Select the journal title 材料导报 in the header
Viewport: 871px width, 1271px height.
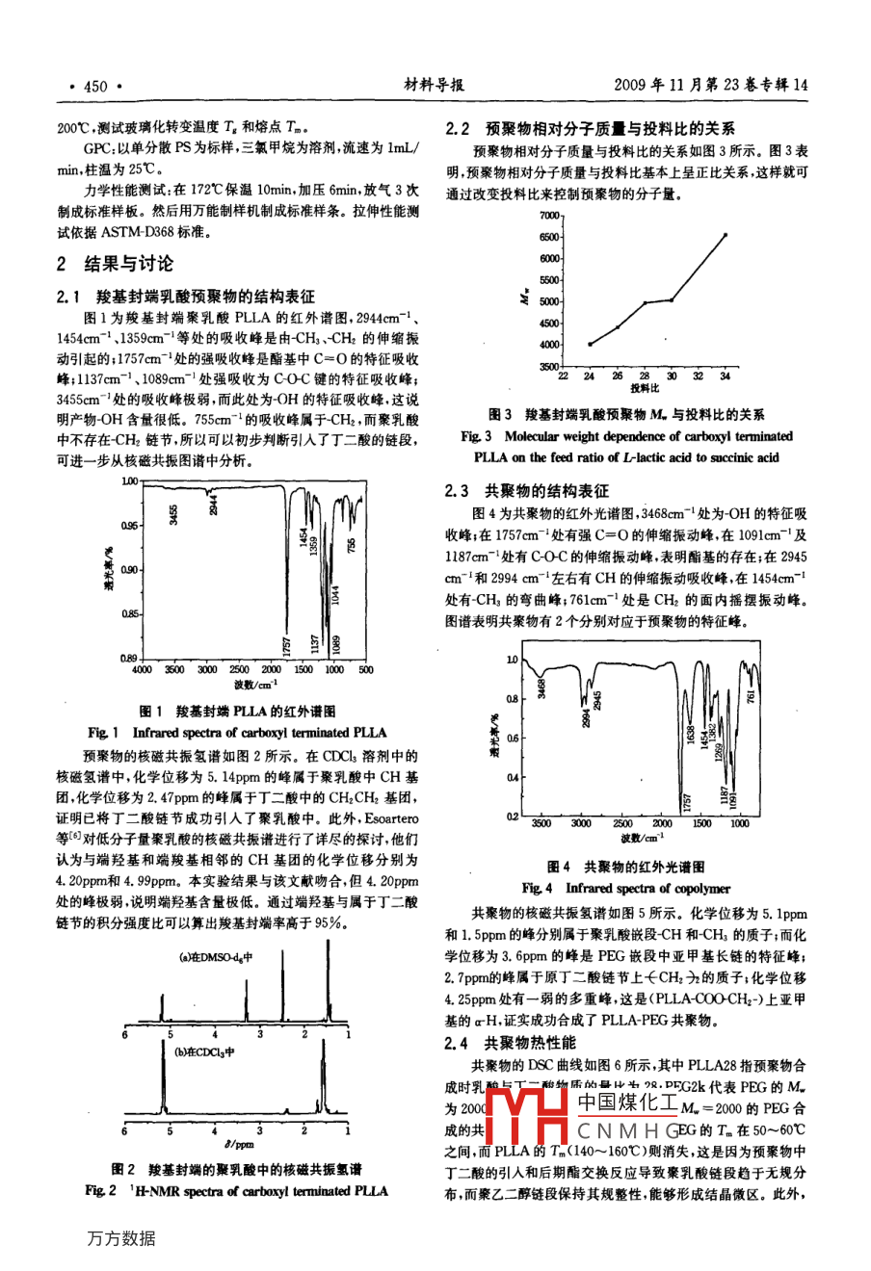click(x=434, y=85)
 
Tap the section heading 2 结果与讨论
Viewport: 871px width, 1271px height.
click(x=116, y=264)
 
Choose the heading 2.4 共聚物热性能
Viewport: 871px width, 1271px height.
click(x=510, y=1042)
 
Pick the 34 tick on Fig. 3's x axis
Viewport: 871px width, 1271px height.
click(x=725, y=376)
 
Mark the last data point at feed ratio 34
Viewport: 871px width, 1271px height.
click(x=726, y=234)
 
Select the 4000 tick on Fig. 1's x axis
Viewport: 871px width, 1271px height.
click(x=142, y=669)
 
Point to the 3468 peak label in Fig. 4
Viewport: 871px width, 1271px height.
click(x=541, y=688)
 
